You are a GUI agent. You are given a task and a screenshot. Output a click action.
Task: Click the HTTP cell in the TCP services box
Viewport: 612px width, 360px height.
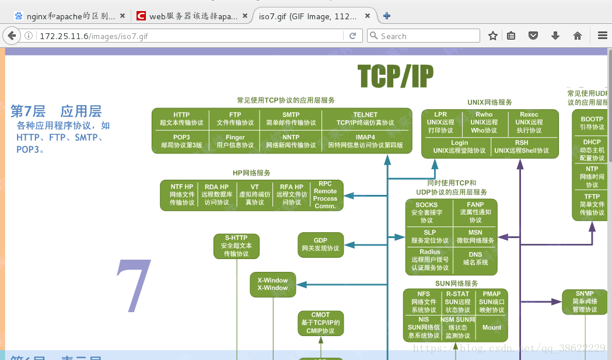click(x=181, y=119)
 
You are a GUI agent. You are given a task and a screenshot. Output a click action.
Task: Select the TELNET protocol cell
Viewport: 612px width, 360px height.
click(x=365, y=119)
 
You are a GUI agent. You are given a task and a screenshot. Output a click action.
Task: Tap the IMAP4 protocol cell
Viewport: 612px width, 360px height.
click(x=365, y=141)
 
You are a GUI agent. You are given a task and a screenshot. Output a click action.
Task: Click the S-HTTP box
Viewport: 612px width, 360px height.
click(x=236, y=246)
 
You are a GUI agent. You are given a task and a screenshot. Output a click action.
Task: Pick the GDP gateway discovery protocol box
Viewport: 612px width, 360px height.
click(x=320, y=244)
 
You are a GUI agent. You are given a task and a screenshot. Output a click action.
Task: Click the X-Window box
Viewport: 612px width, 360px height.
click(x=272, y=284)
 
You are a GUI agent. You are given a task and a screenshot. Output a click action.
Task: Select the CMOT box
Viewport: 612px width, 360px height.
click(x=320, y=323)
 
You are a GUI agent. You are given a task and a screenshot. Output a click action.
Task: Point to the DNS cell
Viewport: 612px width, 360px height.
click(x=475, y=258)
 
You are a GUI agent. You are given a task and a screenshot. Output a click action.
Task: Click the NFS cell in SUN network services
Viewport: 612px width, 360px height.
click(x=424, y=302)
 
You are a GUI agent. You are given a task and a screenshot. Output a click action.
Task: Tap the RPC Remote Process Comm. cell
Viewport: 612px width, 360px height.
click(x=325, y=195)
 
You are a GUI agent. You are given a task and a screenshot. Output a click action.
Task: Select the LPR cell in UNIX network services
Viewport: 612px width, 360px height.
click(x=440, y=123)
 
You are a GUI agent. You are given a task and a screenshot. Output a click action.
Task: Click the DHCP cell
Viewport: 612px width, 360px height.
click(x=592, y=150)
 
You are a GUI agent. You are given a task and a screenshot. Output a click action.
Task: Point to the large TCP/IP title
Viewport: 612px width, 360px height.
click(x=395, y=75)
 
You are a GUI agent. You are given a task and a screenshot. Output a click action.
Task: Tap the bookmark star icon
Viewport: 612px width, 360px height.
click(x=493, y=36)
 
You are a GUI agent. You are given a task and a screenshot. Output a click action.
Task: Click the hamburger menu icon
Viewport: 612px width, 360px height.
click(x=603, y=36)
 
